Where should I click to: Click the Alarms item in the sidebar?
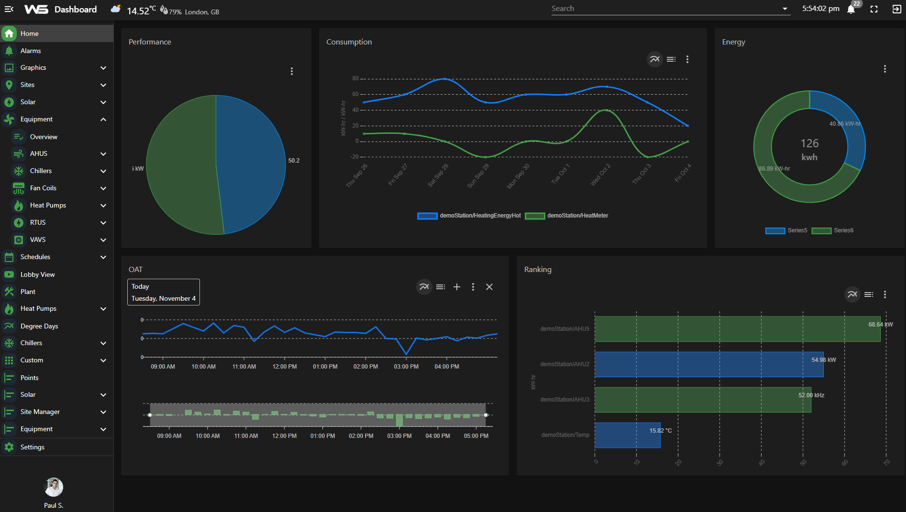(31, 51)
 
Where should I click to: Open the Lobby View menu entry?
(37, 274)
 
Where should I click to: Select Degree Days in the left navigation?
(39, 326)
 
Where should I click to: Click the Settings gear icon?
(9, 447)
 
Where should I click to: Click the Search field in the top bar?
(665, 9)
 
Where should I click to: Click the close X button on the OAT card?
(489, 287)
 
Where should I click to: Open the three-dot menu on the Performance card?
(292, 71)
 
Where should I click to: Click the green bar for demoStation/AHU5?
(737, 329)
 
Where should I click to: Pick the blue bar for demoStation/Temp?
(627, 435)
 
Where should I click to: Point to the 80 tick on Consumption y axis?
(355, 78)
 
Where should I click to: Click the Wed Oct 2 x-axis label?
(600, 175)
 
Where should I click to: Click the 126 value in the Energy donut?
(809, 143)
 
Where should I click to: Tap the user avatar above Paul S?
(54, 487)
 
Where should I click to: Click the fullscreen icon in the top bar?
(874, 9)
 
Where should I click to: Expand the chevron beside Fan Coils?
(103, 188)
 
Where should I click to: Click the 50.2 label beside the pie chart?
(294, 161)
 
